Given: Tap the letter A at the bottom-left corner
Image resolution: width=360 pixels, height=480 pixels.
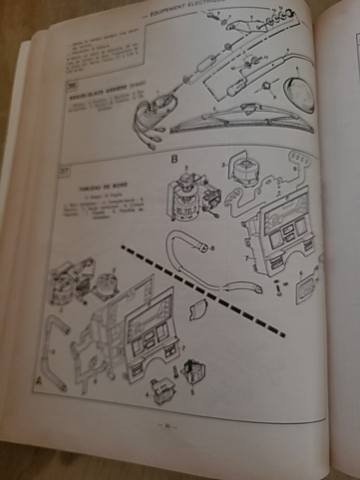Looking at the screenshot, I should [39, 381].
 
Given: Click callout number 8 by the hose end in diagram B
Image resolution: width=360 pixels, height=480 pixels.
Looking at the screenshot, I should [213, 248].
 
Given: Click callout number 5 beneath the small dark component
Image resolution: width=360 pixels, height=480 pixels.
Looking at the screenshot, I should [192, 392].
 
